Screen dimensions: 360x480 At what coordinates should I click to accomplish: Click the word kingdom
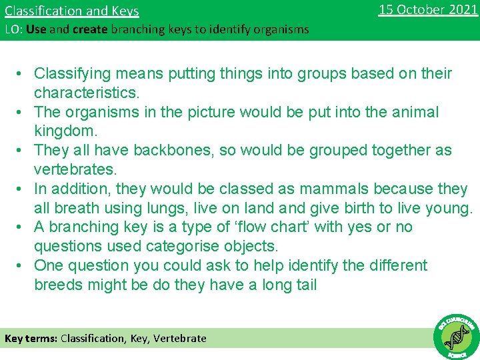tap(64, 131)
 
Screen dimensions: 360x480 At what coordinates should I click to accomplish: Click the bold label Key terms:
tap(31, 338)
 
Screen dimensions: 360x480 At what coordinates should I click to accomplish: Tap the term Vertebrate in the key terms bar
tap(180, 338)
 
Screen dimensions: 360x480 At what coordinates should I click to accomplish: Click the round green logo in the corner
tap(456, 336)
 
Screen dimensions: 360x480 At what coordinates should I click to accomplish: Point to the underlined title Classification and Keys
tap(72, 11)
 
